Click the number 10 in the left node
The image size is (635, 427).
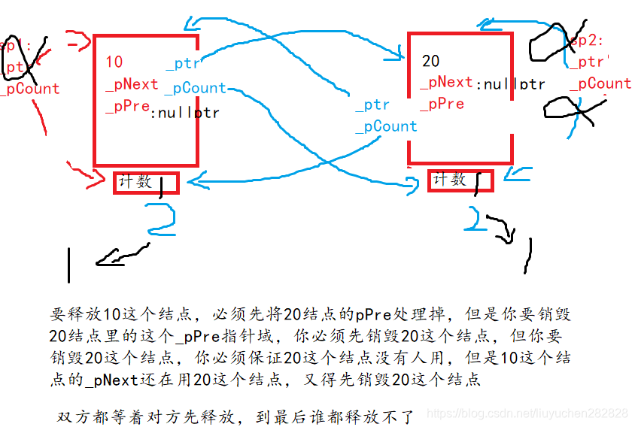tap(114, 62)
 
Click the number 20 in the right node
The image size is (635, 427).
tap(431, 61)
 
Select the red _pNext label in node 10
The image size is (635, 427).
tap(132, 84)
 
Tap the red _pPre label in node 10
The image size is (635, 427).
tap(128, 106)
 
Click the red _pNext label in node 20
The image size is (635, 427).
tap(446, 82)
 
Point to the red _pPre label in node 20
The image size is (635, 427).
tap(442, 104)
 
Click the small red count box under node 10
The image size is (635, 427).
tap(146, 183)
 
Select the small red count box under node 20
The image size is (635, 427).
tap(460, 180)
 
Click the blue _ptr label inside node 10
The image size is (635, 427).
tap(183, 65)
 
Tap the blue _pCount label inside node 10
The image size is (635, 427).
tap(195, 88)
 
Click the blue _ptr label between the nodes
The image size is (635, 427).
tap(372, 106)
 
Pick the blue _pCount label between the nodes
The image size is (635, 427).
tap(385, 126)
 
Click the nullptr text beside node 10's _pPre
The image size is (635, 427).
tap(185, 114)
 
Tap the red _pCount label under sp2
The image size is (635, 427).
tap(600, 83)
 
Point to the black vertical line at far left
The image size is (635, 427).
tap(69, 265)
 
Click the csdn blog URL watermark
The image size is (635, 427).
tap(527, 413)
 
